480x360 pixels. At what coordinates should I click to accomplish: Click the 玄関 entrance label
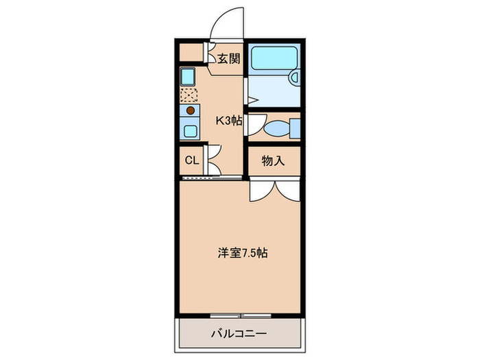pyautogui.click(x=229, y=58)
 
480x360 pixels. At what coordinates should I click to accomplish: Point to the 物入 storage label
pyautogui.click(x=274, y=161)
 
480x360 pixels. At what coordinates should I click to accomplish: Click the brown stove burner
pyautogui.click(x=190, y=110)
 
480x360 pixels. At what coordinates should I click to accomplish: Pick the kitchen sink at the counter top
pyautogui.click(x=189, y=75)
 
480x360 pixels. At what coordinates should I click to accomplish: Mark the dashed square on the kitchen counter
pyautogui.click(x=189, y=93)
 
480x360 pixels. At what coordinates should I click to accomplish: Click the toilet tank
pyautogui.click(x=296, y=128)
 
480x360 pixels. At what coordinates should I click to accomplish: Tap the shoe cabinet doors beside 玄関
pyautogui.click(x=208, y=53)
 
